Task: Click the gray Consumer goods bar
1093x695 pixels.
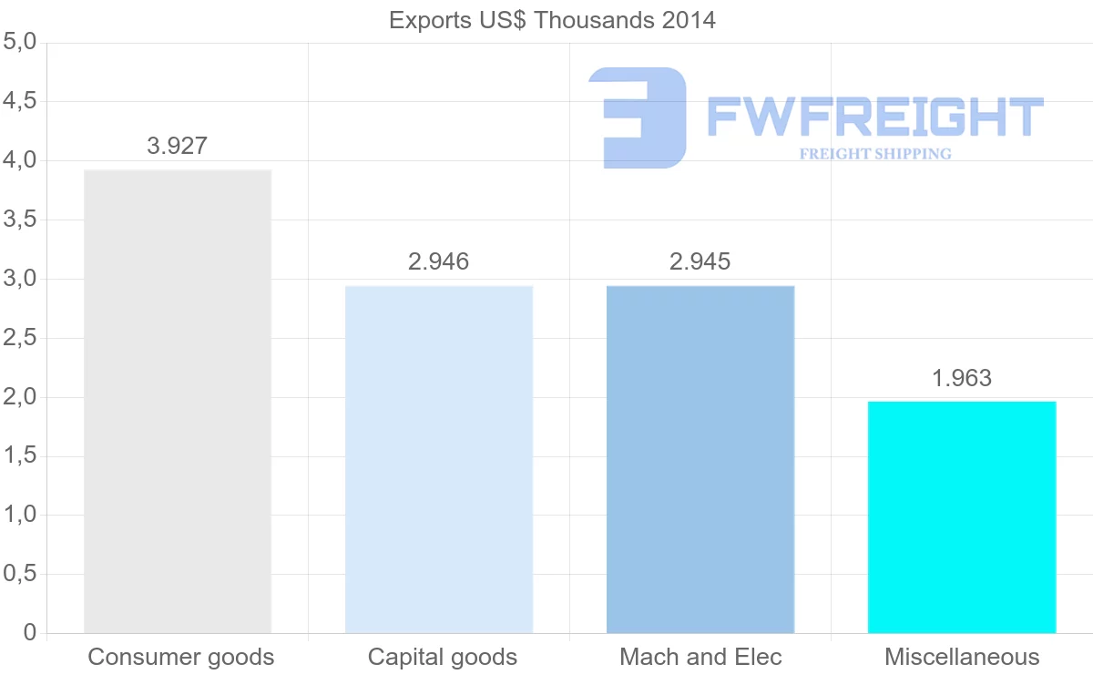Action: tap(178, 401)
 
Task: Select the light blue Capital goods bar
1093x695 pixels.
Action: tap(439, 459)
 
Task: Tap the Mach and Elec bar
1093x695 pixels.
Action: tap(700, 459)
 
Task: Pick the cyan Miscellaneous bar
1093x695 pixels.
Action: tap(962, 516)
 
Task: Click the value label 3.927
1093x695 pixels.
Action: tap(178, 146)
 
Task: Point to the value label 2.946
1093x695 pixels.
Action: tap(439, 262)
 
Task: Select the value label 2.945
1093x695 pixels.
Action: tap(700, 262)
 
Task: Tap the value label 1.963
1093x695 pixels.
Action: tap(962, 378)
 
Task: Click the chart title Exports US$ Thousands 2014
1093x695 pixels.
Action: tap(552, 20)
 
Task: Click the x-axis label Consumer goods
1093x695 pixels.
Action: tap(181, 657)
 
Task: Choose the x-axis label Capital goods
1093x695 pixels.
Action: tap(443, 657)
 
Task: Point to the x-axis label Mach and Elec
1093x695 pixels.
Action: tap(700, 657)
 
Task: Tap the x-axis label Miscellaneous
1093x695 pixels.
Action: tap(962, 657)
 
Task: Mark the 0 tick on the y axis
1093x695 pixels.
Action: tap(29, 633)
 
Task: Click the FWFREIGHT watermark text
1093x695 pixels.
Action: tap(874, 117)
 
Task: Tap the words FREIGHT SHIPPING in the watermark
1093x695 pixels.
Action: tap(875, 154)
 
